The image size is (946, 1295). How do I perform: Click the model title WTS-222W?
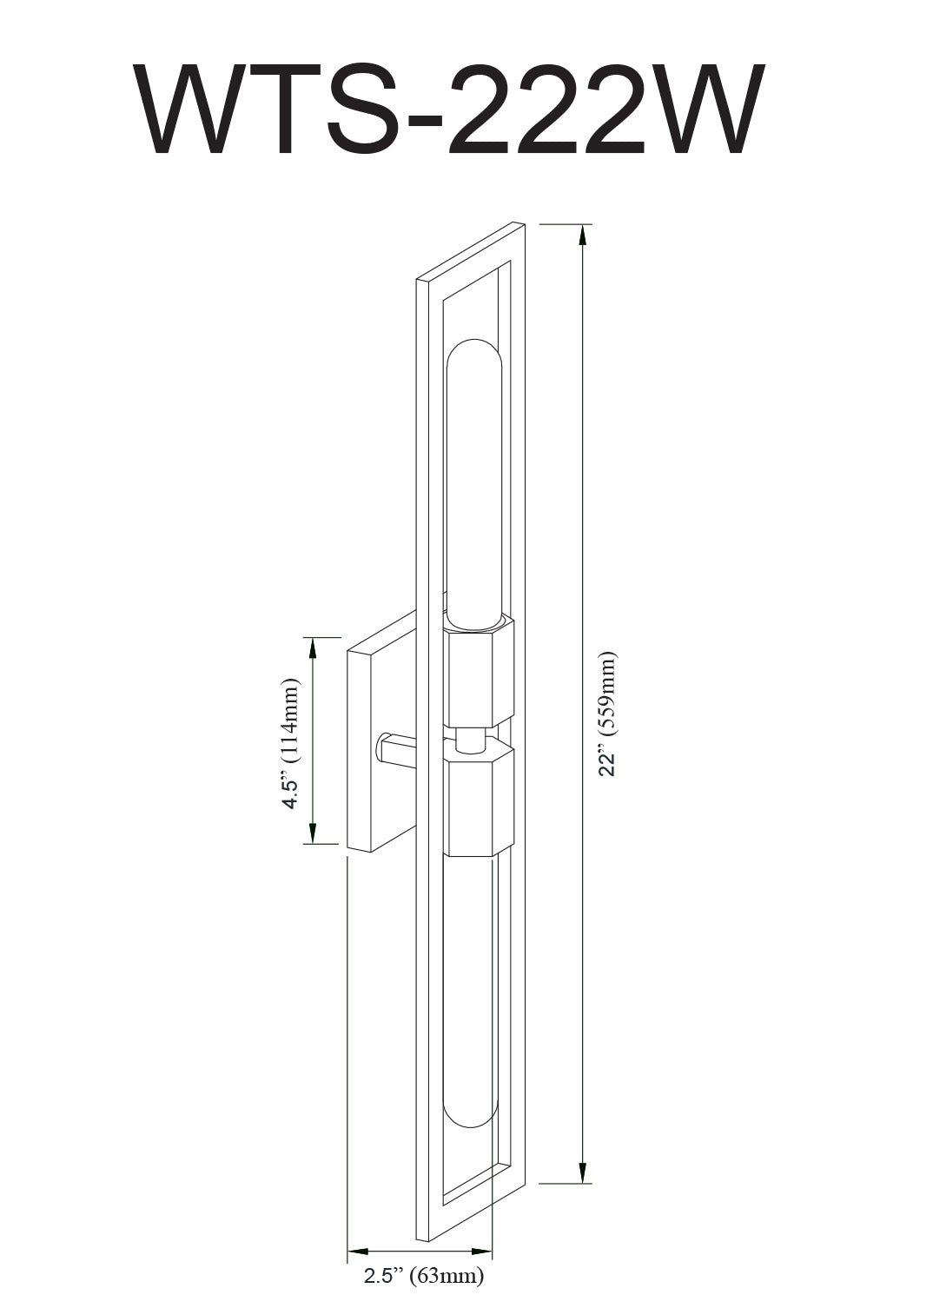coord(449,110)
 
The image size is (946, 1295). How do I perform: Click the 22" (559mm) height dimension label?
coord(608,714)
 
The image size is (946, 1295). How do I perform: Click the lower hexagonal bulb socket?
coord(480,800)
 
